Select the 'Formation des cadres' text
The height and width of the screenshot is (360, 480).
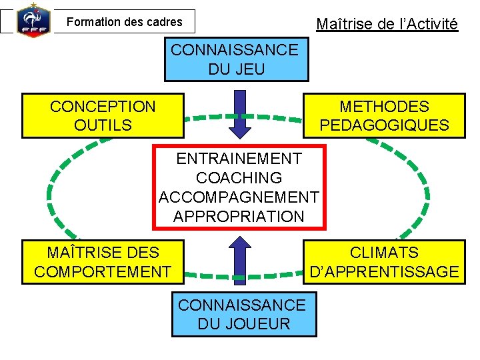pos(124,22)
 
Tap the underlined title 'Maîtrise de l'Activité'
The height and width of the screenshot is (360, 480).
pos(387,25)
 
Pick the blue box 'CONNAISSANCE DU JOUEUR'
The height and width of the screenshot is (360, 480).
pos(243,315)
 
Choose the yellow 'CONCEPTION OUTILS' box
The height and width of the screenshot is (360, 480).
pos(103,115)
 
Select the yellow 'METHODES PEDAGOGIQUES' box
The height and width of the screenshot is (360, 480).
pos(384,115)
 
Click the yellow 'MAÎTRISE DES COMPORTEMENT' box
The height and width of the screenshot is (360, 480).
pos(103,262)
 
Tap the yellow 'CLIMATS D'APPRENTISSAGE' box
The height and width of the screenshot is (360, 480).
pos(384,262)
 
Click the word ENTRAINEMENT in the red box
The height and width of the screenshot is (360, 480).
pos(239,159)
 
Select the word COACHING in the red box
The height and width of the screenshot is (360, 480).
pos(239,178)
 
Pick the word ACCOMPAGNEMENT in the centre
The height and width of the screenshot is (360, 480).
pos(239,197)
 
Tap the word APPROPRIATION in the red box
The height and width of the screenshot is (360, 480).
pos(239,217)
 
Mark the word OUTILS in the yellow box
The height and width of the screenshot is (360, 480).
pos(103,125)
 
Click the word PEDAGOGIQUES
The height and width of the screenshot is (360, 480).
pos(384,125)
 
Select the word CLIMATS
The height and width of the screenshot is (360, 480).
pos(384,253)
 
